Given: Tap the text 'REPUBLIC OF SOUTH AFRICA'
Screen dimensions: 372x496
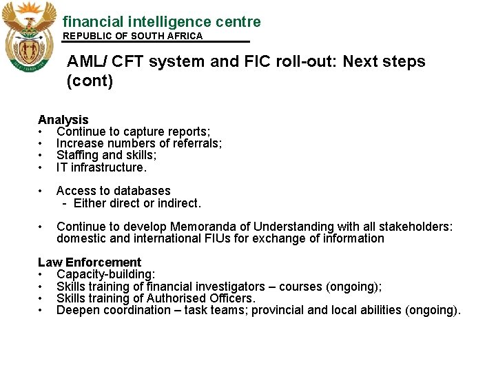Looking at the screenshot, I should tap(133, 36).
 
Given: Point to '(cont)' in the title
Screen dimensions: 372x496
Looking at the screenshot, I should tap(90, 81).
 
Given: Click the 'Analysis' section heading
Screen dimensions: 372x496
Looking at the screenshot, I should tap(63, 120).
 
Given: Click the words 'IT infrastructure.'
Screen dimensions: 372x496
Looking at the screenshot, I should tap(101, 167).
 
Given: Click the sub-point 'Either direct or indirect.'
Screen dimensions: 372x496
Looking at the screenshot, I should tap(137, 203).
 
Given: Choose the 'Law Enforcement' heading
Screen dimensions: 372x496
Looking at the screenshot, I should tap(90, 262).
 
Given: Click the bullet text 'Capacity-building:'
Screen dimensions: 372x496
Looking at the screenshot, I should tap(105, 274).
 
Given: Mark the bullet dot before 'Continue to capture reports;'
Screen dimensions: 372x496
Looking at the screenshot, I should tap(42, 132).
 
